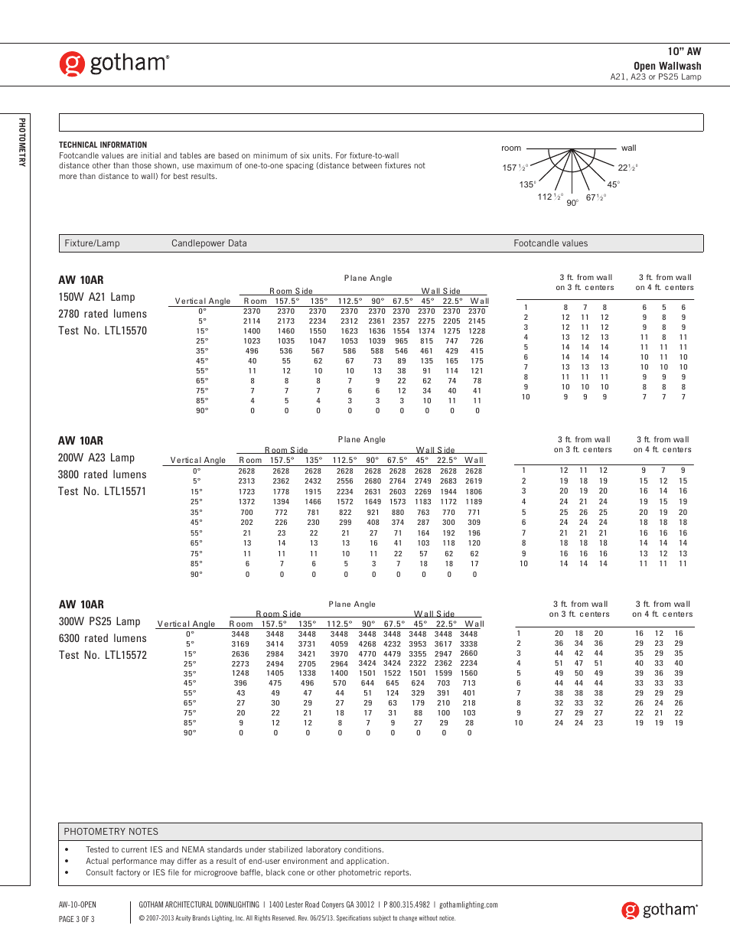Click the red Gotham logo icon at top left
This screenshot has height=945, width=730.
pos(72,64)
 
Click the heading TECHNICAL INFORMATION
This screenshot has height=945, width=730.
pos(103,145)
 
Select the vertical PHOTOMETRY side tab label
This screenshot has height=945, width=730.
pos(22,142)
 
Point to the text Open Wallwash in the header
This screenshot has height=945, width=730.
pos(666,66)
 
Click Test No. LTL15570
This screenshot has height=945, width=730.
pos(103,331)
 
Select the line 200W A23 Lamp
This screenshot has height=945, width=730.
pos(96,458)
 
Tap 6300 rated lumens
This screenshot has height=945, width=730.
pos(103,638)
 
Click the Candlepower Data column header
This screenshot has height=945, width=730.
pos(209,243)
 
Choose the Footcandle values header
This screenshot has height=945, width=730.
pos(550,243)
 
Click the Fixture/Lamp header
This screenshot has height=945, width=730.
pos(92,243)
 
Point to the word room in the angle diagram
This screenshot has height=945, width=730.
pos(511,148)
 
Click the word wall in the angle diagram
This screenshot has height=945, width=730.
pos(628,148)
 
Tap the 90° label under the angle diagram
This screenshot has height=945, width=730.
pos(572,204)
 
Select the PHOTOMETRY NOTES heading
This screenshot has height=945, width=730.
pos(111,832)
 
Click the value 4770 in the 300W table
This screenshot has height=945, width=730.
pos(367,654)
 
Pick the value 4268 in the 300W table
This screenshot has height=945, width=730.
pos(367,644)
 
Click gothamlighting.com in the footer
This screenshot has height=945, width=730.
pos(468,904)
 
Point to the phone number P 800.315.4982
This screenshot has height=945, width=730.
pos(406,904)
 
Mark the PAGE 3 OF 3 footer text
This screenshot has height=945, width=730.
pos(77,919)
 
